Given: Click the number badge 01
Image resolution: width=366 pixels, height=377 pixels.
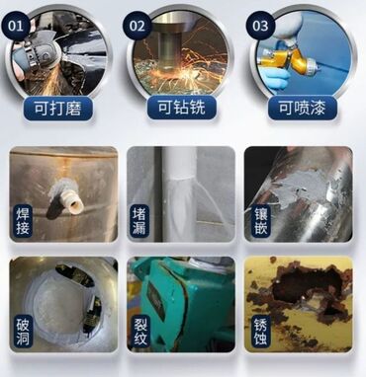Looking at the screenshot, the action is click(17, 26).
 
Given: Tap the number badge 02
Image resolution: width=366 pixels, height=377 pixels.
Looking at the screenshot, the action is click(137, 26).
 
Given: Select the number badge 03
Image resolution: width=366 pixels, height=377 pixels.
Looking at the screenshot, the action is click(260, 26).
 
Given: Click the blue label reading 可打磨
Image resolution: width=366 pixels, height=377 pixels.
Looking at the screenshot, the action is click(58, 109).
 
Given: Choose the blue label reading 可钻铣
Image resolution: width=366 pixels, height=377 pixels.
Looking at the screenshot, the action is click(182, 108).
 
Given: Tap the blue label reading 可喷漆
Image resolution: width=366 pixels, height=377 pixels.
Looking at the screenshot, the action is click(303, 108).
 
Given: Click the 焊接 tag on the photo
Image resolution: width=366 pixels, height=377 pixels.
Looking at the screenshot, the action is click(23, 220).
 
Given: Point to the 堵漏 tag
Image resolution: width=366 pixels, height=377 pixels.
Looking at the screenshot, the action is click(138, 220).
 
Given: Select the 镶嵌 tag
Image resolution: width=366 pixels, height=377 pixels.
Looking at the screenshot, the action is click(260, 220).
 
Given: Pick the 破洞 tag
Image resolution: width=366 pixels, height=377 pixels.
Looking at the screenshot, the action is click(23, 331).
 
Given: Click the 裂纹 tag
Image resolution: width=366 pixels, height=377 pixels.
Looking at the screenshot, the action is click(140, 331).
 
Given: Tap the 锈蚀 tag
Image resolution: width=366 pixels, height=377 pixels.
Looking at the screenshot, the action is click(260, 331).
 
